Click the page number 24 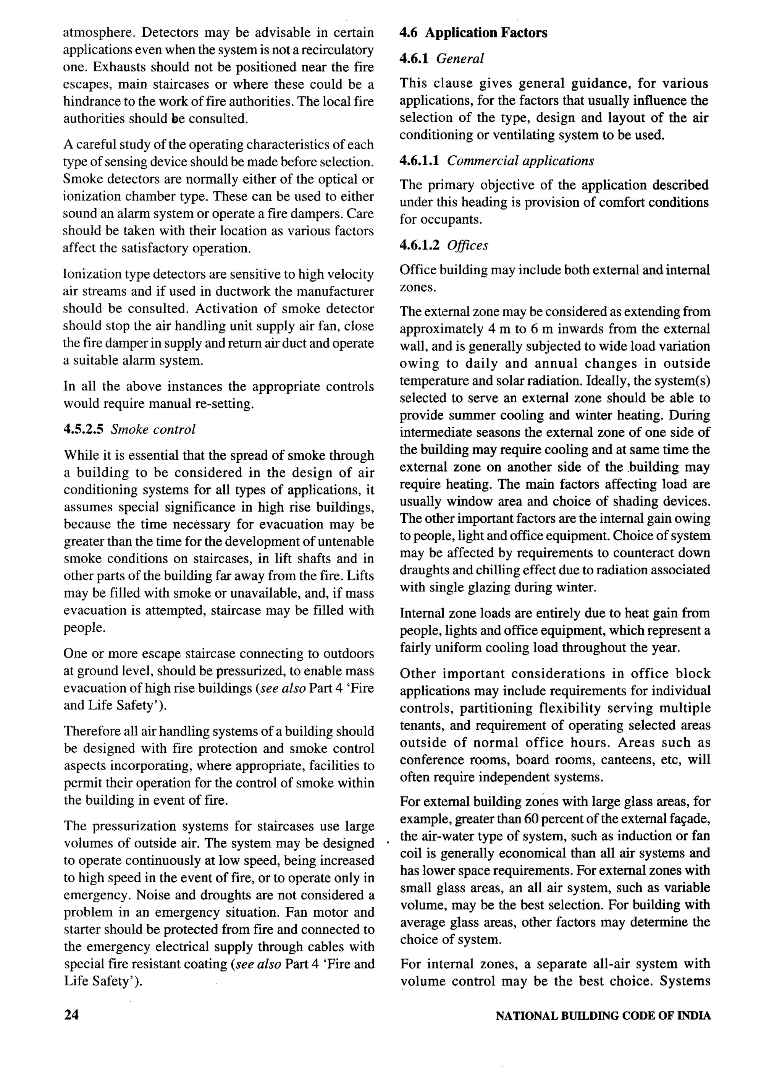(x=71, y=1016)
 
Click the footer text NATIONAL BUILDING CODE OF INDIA (x=603, y=1016)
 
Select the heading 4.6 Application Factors (x=473, y=33)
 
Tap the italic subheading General (x=460, y=59)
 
